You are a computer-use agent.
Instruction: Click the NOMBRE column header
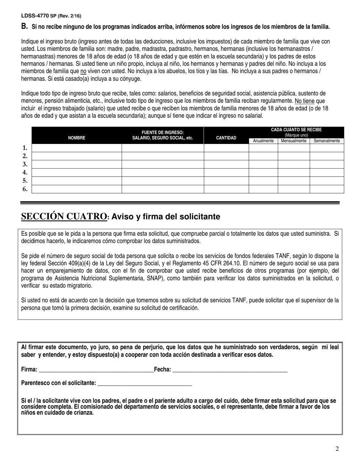click(77, 138)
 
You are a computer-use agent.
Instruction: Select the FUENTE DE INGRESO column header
click(163, 135)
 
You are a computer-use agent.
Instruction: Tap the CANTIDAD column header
click(226, 138)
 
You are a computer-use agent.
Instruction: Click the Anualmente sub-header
click(263, 141)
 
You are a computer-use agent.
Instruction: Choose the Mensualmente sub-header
click(294, 141)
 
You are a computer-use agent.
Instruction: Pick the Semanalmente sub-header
click(327, 141)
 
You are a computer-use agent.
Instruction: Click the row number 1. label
click(25, 148)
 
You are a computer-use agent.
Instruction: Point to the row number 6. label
click(25, 189)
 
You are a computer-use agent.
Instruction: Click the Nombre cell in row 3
click(77, 164)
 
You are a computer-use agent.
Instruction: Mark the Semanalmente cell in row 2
click(327, 156)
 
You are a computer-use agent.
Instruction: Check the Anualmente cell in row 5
click(263, 181)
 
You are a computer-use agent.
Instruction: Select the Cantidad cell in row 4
click(226, 172)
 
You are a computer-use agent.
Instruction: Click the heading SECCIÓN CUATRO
click(64, 216)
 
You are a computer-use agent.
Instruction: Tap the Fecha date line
click(230, 370)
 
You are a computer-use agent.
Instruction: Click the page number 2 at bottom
click(337, 449)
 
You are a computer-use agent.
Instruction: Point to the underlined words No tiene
click(305, 101)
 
